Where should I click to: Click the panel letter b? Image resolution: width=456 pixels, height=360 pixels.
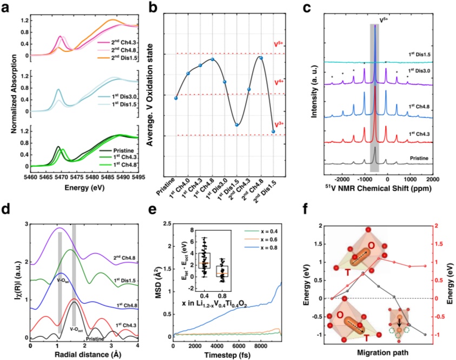coord(161,6)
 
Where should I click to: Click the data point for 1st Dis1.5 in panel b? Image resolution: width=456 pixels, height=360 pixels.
coord(237,125)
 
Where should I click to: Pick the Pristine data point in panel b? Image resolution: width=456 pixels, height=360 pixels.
coord(176,98)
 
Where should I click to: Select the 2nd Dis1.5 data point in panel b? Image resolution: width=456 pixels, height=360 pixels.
coord(273,132)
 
